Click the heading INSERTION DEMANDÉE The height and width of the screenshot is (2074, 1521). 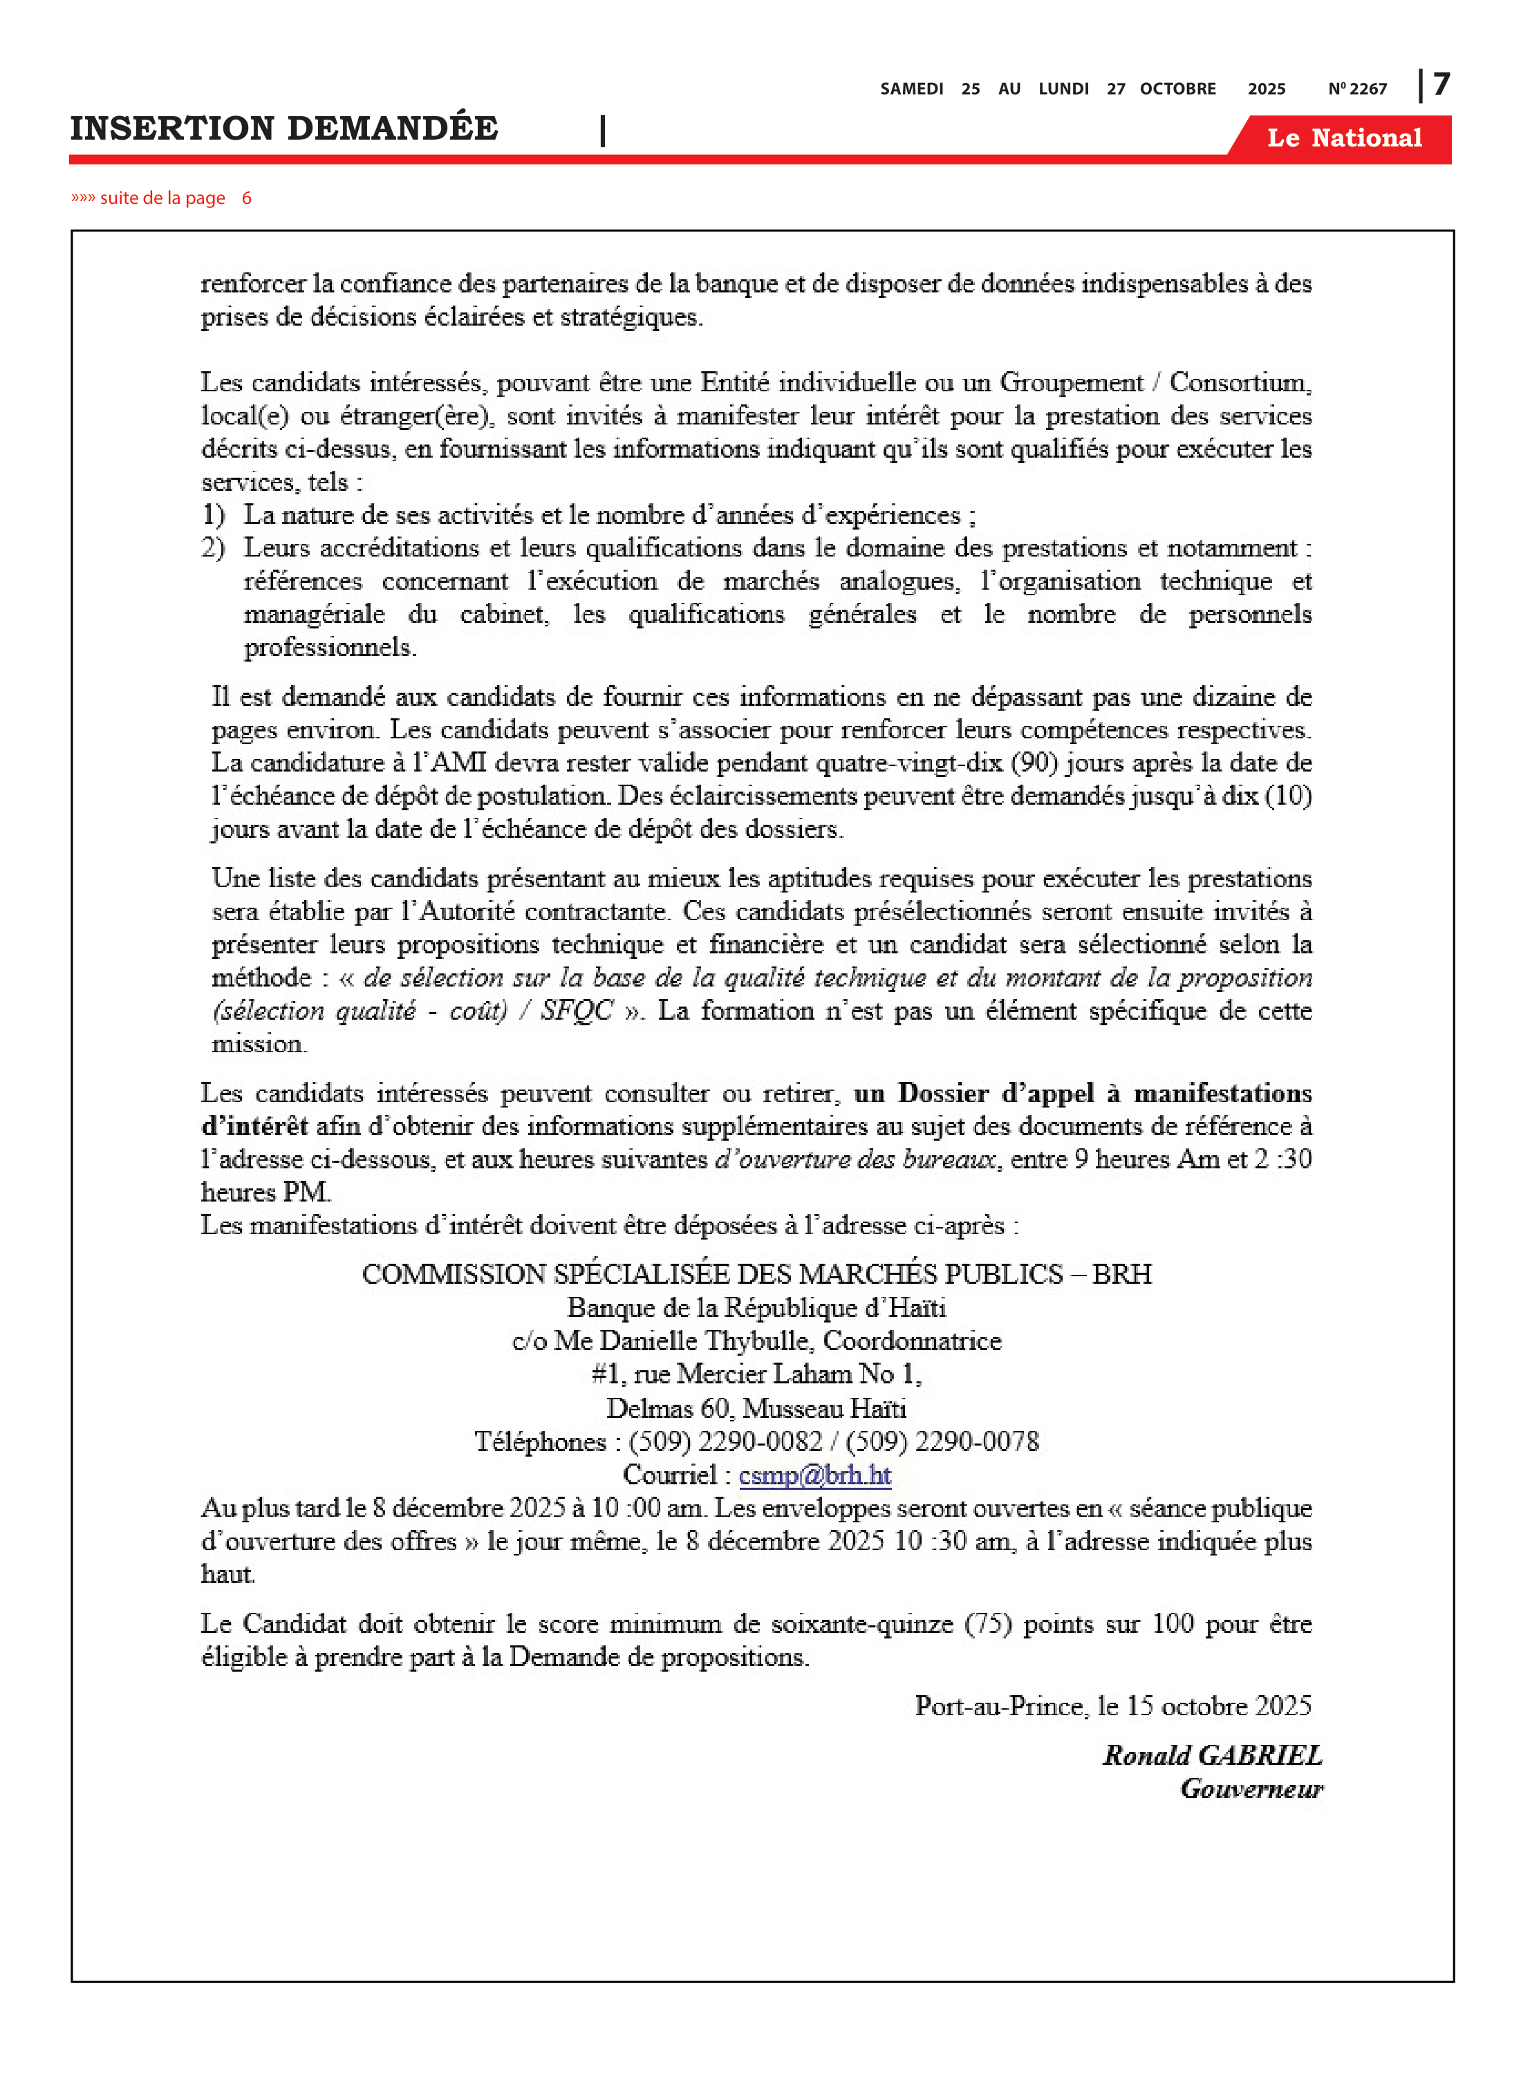pyautogui.click(x=283, y=128)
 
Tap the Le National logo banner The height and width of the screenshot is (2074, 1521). pyautogui.click(x=1343, y=138)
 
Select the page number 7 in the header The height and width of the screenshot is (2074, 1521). pyautogui.click(x=1441, y=85)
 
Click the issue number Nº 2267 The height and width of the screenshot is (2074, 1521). pyautogui.click(x=1357, y=89)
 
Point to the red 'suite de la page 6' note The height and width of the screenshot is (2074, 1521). pyautogui.click(x=161, y=198)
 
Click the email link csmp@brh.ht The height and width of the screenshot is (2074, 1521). pyautogui.click(x=815, y=1475)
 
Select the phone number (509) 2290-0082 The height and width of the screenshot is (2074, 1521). pyautogui.click(x=725, y=1441)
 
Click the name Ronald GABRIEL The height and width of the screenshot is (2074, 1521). pyautogui.click(x=1213, y=1755)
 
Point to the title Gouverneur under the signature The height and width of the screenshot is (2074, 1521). pyautogui.click(x=1251, y=1788)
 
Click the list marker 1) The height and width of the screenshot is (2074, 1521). pyautogui.click(x=213, y=514)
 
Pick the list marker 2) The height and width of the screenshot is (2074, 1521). pyautogui.click(x=213, y=548)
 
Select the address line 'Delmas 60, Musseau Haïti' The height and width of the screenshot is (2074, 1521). pyautogui.click(x=756, y=1408)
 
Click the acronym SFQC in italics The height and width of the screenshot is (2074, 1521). pyautogui.click(x=577, y=1011)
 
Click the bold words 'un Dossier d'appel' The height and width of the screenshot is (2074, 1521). pyautogui.click(x=974, y=1094)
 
